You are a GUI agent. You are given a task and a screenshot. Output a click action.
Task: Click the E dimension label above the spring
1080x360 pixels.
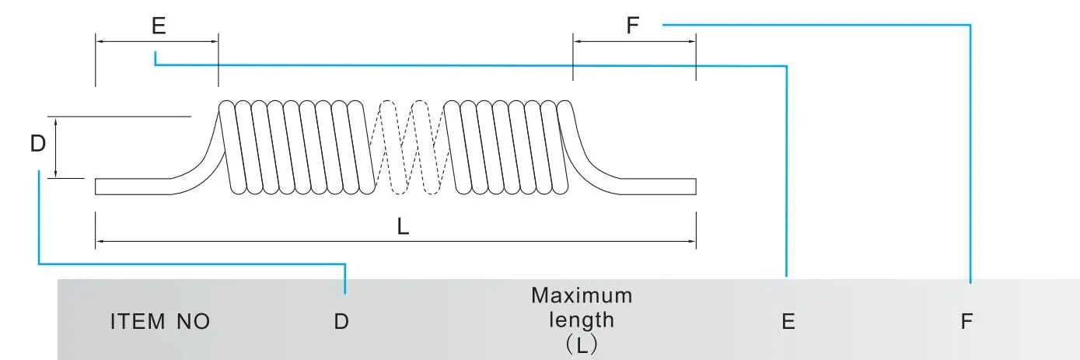point(159,26)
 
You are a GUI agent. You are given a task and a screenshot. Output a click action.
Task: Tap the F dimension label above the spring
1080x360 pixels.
point(633,26)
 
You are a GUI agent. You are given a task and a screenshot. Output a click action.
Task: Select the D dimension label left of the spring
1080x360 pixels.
point(37,145)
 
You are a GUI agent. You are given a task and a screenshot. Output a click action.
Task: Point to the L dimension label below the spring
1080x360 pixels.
point(403,226)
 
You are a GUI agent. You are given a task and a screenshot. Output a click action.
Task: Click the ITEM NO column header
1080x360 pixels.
point(160,321)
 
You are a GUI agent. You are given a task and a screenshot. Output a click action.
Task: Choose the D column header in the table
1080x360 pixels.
point(341,321)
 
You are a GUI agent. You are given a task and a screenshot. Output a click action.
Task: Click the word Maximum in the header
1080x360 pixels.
point(582,295)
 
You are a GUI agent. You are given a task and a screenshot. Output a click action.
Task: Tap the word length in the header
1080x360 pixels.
point(582,319)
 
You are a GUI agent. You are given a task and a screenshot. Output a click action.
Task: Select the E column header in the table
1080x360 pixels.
point(788,321)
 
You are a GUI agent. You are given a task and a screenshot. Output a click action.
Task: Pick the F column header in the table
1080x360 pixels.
point(966,321)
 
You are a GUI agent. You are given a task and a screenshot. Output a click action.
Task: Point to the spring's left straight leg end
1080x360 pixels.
point(100,187)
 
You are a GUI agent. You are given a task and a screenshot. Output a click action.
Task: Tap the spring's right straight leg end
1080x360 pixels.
point(691,187)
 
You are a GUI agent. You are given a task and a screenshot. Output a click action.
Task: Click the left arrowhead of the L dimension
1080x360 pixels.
point(99,242)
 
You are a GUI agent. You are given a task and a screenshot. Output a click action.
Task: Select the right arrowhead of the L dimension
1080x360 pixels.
point(692,242)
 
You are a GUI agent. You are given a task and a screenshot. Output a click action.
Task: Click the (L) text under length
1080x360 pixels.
point(582,343)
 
